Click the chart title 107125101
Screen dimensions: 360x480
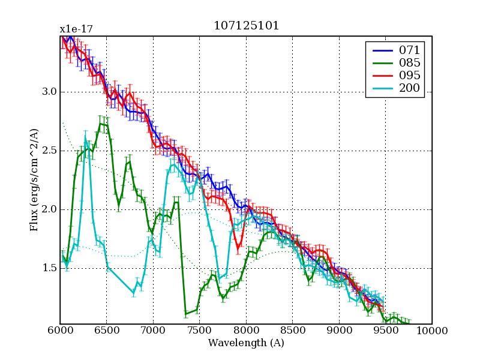(246, 26)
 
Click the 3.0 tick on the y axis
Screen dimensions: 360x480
(48, 92)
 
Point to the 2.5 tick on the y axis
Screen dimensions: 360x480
(48, 151)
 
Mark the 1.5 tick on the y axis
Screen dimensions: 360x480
(48, 268)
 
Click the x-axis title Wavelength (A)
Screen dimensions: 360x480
(246, 343)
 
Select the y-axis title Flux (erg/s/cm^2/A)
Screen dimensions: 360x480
(35, 180)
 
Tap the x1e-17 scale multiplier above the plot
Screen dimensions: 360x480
(76, 29)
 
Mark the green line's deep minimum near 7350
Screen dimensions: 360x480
(186, 313)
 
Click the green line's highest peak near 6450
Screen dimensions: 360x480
(101, 124)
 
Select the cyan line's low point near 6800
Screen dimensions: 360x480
(134, 292)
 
